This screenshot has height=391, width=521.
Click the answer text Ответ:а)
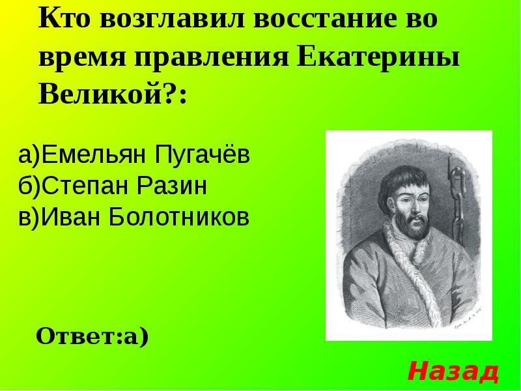(x=92, y=336)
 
